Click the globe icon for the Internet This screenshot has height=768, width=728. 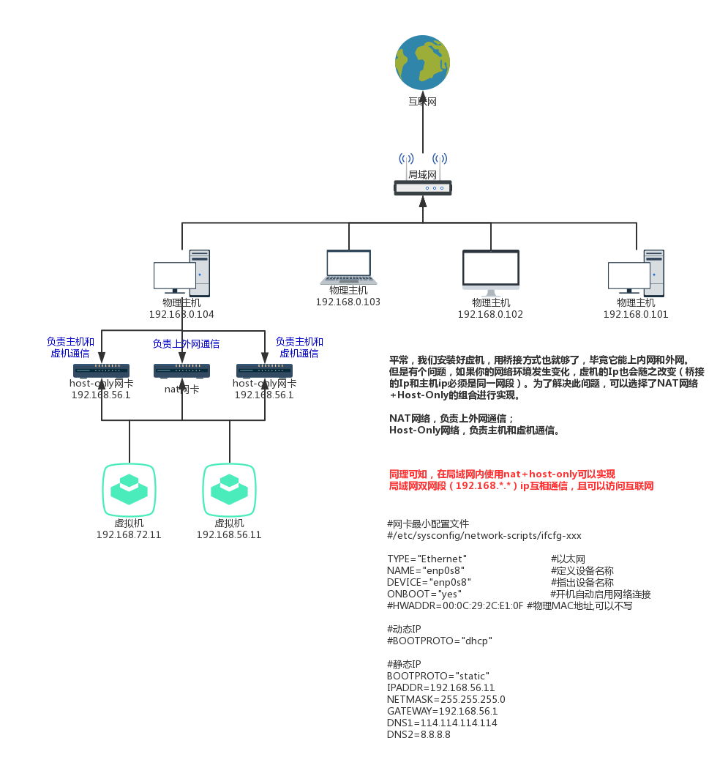[422, 63]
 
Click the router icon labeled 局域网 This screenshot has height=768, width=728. [422, 188]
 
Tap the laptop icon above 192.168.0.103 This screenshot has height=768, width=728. [348, 267]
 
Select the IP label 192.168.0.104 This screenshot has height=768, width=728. [181, 314]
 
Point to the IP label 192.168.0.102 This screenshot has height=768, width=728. [490, 314]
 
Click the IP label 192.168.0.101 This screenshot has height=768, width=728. [635, 314]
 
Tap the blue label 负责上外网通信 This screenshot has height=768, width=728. [186, 343]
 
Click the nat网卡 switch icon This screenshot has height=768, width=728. [182, 371]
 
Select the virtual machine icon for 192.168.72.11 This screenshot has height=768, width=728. [129, 489]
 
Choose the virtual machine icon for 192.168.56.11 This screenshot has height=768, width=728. [229, 489]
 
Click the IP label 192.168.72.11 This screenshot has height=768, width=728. [129, 534]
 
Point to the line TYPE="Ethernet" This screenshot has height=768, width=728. [427, 559]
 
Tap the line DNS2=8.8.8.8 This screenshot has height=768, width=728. [419, 734]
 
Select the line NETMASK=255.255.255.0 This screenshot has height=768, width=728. [446, 699]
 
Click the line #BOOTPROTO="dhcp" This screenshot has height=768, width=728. [439, 641]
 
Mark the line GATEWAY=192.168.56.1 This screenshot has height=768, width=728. [442, 711]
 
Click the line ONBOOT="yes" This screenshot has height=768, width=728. [424, 594]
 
